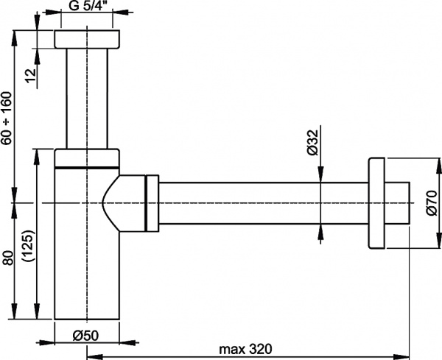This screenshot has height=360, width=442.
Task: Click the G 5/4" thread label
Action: (x=88, y=9)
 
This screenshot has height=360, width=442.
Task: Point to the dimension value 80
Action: (x=7, y=259)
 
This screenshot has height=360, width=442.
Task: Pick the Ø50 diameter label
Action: (x=87, y=334)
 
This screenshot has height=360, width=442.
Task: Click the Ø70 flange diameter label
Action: (x=432, y=201)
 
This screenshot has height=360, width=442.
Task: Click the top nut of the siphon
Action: (x=88, y=40)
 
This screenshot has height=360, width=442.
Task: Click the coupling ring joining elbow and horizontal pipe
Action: (x=152, y=202)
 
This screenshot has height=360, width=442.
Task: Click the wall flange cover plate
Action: (x=377, y=202)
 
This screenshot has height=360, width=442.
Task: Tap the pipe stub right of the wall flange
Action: (x=398, y=202)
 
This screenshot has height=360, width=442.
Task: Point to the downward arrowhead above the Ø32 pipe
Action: (x=320, y=174)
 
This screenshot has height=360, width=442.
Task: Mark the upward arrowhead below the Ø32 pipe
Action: (x=320, y=230)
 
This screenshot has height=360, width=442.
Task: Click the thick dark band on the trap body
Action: (x=87, y=168)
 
